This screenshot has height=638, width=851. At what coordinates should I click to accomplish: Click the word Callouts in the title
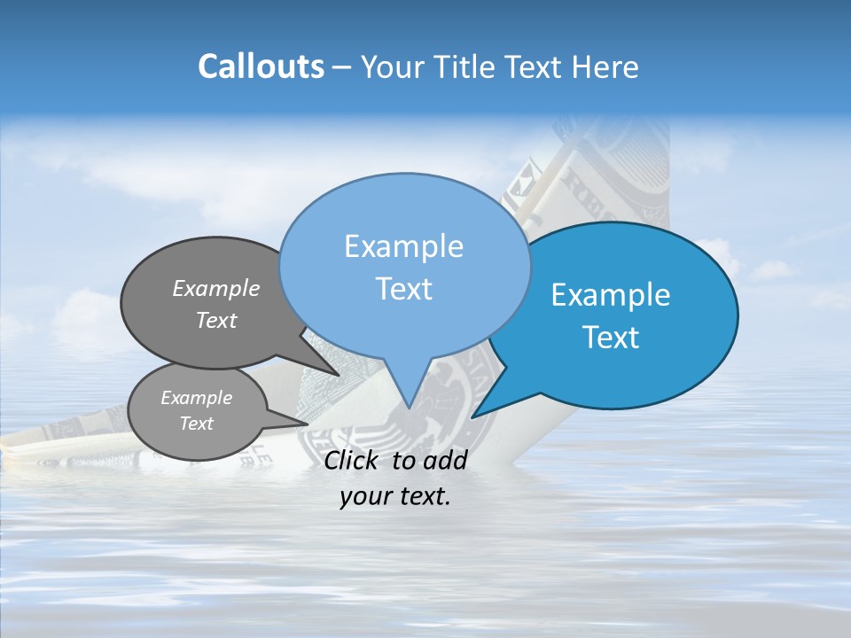[x=261, y=66]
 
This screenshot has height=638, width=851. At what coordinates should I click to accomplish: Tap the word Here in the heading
[x=606, y=66]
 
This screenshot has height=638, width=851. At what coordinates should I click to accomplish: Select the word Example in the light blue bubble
[x=403, y=246]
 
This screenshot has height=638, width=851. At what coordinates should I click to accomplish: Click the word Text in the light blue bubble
[x=403, y=289]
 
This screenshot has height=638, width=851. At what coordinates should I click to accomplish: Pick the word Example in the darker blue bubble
[x=611, y=295]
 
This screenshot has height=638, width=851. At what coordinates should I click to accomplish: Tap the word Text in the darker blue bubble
[x=611, y=338]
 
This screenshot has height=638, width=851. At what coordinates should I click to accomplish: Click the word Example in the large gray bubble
[x=216, y=288]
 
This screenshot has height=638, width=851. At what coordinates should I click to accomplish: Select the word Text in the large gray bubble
[x=216, y=320]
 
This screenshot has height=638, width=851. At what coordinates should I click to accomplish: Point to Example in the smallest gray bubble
[x=196, y=398]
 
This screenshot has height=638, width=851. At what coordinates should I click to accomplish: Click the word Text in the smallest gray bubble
[x=196, y=424]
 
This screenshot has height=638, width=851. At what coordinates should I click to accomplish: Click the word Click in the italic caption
[x=354, y=460]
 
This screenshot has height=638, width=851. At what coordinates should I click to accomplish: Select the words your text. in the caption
[x=395, y=497]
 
